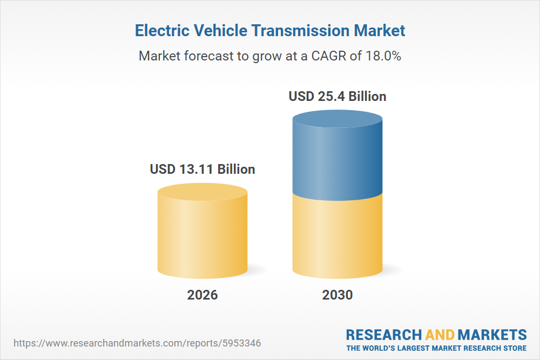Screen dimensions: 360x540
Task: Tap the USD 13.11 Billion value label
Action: [202, 169]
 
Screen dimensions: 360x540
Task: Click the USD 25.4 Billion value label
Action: [337, 97]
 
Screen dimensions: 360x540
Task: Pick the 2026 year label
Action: [202, 295]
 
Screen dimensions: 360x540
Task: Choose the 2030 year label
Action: [337, 295]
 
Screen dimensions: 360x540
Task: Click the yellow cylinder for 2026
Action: [202, 237]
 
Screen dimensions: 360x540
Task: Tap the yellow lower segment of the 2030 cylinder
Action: [337, 237]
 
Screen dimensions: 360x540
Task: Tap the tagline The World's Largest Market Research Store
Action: [436, 348]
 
